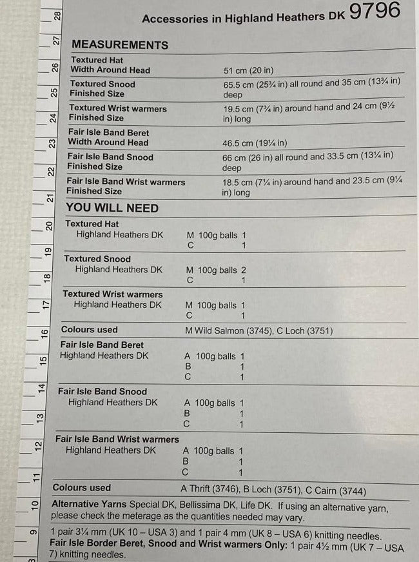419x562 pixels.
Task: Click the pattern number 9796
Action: [374, 11]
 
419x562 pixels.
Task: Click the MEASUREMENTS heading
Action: [120, 45]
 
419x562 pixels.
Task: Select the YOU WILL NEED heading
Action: [112, 208]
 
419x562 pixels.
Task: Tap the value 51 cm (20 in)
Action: [248, 70]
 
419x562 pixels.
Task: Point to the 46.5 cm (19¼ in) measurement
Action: [255, 143]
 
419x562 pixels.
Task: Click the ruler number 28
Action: [58, 15]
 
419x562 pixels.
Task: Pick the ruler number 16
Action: [44, 334]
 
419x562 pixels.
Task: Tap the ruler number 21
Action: [50, 197]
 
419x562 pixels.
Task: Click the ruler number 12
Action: [38, 445]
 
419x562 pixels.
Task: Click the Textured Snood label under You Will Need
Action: [97, 259]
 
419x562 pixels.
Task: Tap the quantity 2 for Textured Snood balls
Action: [243, 270]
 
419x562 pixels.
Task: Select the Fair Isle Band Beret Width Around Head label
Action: [109, 137]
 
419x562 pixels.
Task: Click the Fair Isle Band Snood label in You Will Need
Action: [102, 391]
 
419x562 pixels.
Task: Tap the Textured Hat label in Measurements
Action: [97, 60]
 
